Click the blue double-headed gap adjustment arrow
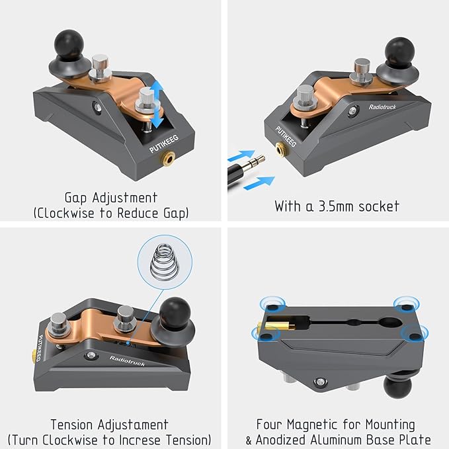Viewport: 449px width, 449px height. pyautogui.click(x=157, y=104)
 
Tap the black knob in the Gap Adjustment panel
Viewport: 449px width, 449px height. pyautogui.click(x=69, y=45)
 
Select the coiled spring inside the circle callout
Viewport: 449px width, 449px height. pyautogui.click(x=165, y=262)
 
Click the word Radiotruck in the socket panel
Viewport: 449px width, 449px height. pyautogui.click(x=382, y=107)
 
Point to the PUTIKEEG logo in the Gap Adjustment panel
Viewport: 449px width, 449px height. pyautogui.click(x=164, y=143)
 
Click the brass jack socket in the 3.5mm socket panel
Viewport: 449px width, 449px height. pyautogui.click(x=282, y=149)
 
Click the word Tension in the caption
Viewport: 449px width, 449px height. pyautogui.click(x=72, y=425)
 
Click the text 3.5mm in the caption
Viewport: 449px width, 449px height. pyautogui.click(x=336, y=206)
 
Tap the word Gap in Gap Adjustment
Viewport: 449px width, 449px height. pyautogui.click(x=75, y=198)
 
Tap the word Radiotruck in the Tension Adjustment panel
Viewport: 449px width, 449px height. pyautogui.click(x=127, y=361)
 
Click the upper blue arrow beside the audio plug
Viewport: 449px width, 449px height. pyautogui.click(x=241, y=155)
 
